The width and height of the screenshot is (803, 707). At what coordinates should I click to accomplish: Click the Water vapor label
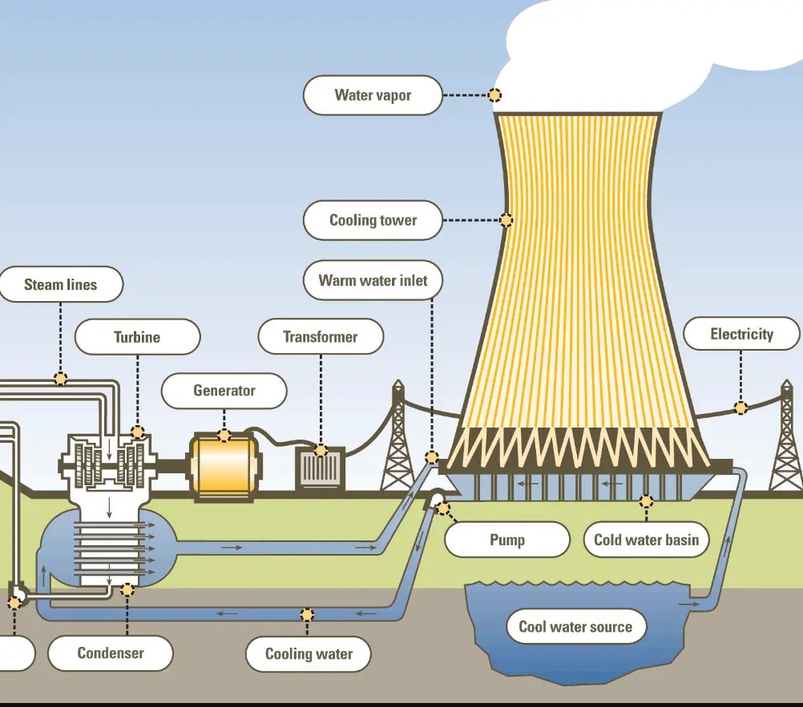[x=373, y=95]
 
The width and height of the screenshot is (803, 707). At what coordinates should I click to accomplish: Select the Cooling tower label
[x=373, y=220]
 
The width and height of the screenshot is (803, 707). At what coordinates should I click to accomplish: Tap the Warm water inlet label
[x=373, y=280]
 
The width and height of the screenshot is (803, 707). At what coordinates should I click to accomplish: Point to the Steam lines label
[x=60, y=284]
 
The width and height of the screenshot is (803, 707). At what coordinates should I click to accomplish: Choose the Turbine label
[x=137, y=337]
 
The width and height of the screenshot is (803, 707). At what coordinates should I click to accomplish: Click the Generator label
[x=224, y=391]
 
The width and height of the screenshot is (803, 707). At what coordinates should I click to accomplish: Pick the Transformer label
[x=321, y=337]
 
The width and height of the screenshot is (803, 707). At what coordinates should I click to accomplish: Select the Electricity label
[x=741, y=334]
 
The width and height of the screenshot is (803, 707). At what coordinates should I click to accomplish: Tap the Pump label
[x=506, y=540]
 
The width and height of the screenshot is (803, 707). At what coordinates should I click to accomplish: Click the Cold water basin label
[x=646, y=540]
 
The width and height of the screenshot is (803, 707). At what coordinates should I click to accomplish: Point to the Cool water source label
[x=575, y=627]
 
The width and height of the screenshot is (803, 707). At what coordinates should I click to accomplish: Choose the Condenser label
[x=111, y=653]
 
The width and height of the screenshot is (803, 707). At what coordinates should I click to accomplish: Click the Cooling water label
[x=309, y=653]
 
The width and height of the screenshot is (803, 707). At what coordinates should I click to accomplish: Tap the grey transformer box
[x=321, y=469]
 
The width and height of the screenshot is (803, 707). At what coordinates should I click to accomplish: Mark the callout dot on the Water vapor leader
[x=495, y=95]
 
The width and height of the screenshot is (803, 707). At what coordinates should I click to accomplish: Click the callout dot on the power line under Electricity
[x=740, y=408]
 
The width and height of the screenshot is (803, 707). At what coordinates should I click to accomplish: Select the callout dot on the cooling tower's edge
[x=506, y=220]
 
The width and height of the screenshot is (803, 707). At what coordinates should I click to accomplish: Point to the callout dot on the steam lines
[x=61, y=378]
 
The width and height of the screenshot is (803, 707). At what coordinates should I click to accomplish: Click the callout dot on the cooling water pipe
[x=307, y=615]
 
